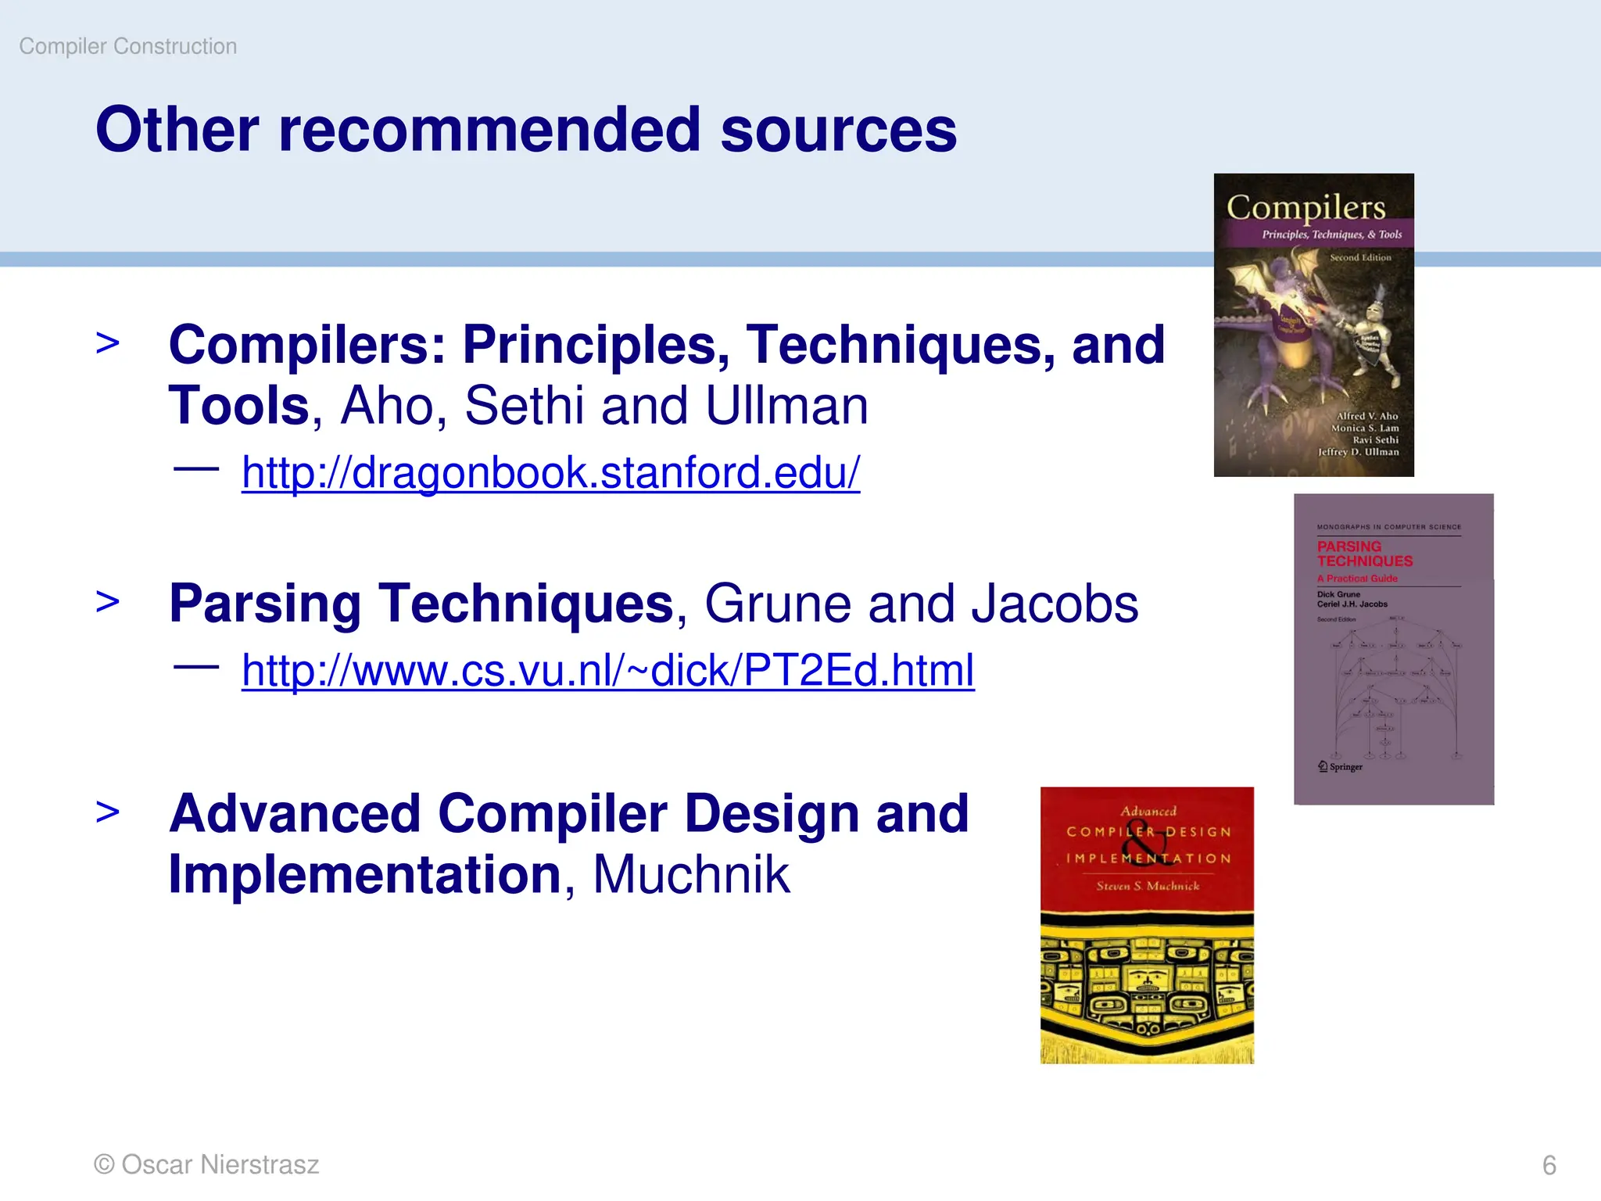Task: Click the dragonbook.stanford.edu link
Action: (x=550, y=472)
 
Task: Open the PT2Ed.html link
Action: (x=607, y=670)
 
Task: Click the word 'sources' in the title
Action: (x=838, y=130)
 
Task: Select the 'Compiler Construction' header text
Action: (x=127, y=46)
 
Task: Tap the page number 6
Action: (x=1549, y=1165)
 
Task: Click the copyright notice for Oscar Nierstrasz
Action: (x=206, y=1164)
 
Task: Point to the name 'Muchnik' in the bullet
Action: (x=691, y=874)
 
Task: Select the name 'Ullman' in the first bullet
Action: (x=786, y=406)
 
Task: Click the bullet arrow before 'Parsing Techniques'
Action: (x=108, y=601)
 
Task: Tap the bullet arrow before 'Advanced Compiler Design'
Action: (x=108, y=812)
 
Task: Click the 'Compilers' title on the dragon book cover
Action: (x=1306, y=207)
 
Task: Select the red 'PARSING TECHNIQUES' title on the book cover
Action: (x=1364, y=554)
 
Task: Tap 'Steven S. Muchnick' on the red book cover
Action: (x=1147, y=886)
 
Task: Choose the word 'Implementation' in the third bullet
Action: (x=365, y=874)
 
